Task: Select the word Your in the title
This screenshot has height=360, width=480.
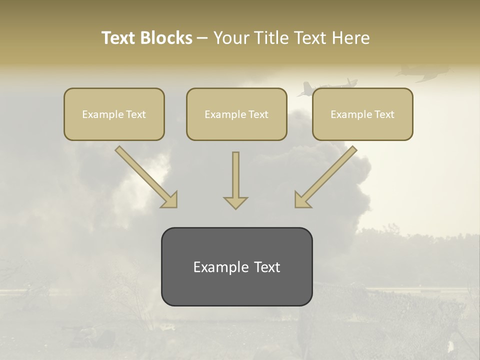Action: [232, 38]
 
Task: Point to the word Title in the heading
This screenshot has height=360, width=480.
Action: [271, 38]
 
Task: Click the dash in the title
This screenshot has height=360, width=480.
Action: [202, 38]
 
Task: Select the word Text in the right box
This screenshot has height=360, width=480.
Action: [384, 114]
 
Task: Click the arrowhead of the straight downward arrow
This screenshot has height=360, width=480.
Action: [235, 202]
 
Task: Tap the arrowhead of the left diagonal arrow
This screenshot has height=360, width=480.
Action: [170, 200]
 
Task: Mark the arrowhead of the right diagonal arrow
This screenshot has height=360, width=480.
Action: [302, 200]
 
